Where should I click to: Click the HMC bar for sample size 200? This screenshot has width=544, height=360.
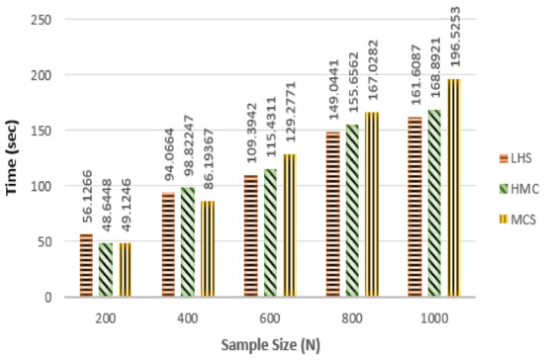[x=106, y=270]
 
